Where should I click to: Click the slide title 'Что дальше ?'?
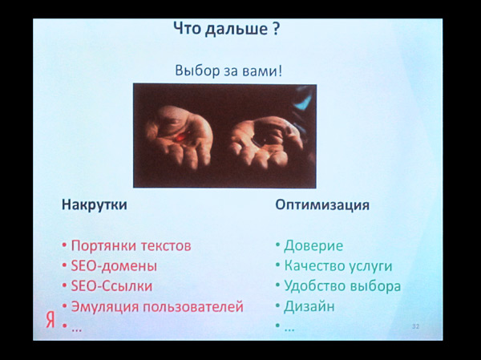[227, 29]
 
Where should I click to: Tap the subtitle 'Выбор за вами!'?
[228, 71]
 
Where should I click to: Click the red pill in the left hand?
[180, 136]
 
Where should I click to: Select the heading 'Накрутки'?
[95, 204]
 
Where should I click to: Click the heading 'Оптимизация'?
[322, 204]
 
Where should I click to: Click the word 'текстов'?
[166, 246]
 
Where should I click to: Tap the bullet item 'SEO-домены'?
[114, 265]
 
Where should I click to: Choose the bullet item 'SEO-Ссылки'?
[111, 286]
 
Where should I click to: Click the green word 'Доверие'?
[313, 246]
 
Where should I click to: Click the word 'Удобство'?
[315, 286]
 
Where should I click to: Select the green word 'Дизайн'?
[309, 306]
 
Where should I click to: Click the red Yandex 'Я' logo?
[51, 320]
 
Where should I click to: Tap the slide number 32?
[415, 326]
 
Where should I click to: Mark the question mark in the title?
[276, 29]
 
